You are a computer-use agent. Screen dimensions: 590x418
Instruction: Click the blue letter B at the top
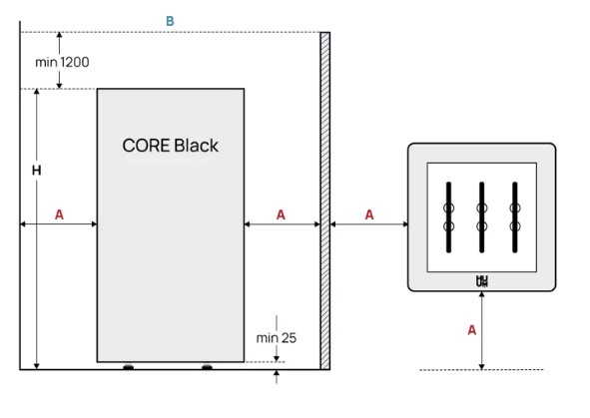coord(170,21)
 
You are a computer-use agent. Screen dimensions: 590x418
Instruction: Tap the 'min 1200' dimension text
coord(62,62)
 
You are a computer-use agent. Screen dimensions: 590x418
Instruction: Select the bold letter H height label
coord(37,171)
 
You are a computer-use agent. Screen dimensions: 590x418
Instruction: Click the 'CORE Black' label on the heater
coord(170,146)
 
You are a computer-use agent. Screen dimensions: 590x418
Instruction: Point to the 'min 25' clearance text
coord(277,338)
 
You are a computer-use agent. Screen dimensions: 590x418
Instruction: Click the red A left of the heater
coord(59,214)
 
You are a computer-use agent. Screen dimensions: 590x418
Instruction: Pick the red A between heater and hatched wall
coord(281,214)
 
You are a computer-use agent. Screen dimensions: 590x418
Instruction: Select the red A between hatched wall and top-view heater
coord(369,214)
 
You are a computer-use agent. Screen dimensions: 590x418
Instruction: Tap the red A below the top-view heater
coord(472,330)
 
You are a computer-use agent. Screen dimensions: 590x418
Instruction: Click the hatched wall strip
coord(325,201)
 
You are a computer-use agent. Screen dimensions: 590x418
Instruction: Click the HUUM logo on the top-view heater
coord(482,281)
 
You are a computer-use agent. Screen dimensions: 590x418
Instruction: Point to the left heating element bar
coord(448,217)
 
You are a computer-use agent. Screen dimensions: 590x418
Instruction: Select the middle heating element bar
coord(481,217)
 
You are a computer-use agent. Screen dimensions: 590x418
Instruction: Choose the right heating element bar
coord(515,217)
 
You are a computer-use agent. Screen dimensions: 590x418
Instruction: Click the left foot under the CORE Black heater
coord(129,366)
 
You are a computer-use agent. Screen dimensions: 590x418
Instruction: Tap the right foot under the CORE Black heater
coord(207,366)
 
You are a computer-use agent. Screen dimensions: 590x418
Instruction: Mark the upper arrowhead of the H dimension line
coord(37,92)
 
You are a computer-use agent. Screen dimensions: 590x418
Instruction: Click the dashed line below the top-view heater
coord(481,370)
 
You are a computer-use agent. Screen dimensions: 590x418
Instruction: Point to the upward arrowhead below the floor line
coord(277,373)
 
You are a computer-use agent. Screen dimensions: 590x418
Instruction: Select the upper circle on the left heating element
coord(448,208)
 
